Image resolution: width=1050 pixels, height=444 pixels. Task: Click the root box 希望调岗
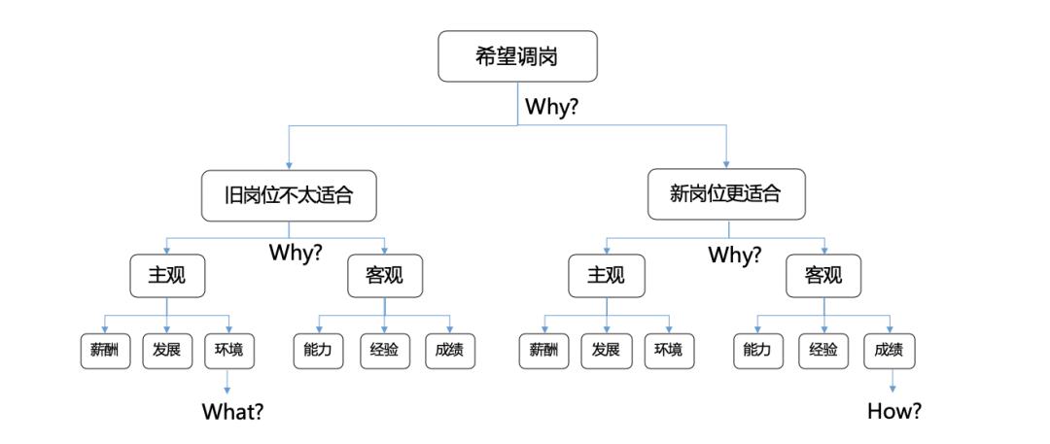pyautogui.click(x=517, y=56)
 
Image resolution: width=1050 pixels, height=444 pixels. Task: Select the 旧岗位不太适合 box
pyautogui.click(x=289, y=195)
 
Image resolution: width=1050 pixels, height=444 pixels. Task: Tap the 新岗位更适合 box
pyautogui.click(x=726, y=194)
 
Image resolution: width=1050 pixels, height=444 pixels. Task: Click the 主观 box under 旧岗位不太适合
pyautogui.click(x=166, y=276)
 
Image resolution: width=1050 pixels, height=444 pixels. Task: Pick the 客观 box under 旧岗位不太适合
pyautogui.click(x=384, y=276)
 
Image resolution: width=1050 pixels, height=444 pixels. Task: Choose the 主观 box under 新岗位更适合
pyautogui.click(x=606, y=276)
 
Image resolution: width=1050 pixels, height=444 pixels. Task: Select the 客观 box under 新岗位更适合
pyautogui.click(x=823, y=276)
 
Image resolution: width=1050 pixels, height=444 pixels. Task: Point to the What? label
pyautogui.click(x=232, y=411)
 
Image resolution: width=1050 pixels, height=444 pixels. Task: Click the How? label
pyautogui.click(x=894, y=411)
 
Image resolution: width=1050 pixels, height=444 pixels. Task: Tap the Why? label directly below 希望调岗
pyautogui.click(x=551, y=107)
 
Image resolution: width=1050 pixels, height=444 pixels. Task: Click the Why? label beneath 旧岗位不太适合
pyautogui.click(x=296, y=253)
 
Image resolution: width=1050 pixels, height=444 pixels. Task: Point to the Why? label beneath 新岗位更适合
pyautogui.click(x=735, y=256)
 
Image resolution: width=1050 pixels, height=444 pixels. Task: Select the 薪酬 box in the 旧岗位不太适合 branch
pyautogui.click(x=105, y=350)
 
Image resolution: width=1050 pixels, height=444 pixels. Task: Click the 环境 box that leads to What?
pyautogui.click(x=228, y=350)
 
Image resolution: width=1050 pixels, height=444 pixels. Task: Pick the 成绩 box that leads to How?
pyautogui.click(x=890, y=350)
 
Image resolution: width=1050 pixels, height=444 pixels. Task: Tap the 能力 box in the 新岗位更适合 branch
pyautogui.click(x=758, y=350)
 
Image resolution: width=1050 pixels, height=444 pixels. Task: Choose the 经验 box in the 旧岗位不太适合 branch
pyautogui.click(x=384, y=350)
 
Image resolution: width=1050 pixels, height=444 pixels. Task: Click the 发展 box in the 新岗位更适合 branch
pyautogui.click(x=606, y=350)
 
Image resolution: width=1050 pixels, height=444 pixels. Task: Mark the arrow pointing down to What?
pyautogui.click(x=227, y=382)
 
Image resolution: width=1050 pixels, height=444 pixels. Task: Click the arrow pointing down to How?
pyautogui.click(x=892, y=382)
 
